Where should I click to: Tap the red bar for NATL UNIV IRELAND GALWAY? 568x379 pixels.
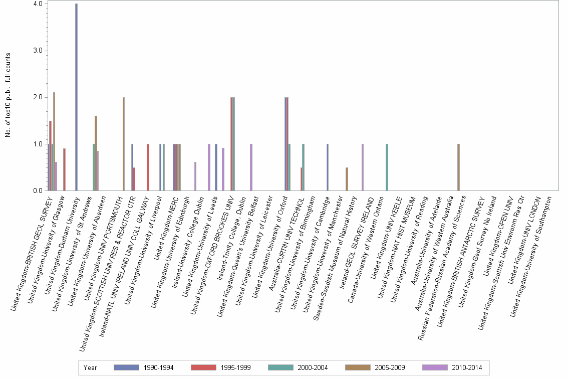click(148, 167)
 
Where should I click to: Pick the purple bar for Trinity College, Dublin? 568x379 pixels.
click(251, 167)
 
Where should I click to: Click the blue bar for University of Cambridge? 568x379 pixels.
click(327, 167)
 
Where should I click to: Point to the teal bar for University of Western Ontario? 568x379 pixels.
click(387, 167)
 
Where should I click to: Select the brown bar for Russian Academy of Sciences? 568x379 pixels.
click(458, 167)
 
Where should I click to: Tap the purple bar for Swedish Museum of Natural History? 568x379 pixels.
click(362, 167)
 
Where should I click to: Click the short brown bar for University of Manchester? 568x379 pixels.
click(347, 179)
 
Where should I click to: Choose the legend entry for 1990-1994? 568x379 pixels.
click(144, 368)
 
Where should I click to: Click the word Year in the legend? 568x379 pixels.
click(90, 368)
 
